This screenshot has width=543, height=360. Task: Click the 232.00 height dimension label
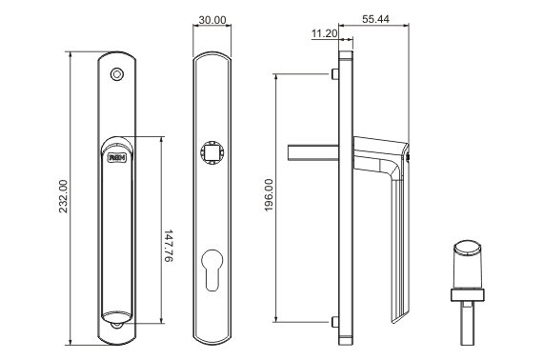pos(64,196)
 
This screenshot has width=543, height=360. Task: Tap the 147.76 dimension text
pos(168,246)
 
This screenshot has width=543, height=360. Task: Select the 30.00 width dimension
pos(212,20)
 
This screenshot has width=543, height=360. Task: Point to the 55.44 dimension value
pos(375,19)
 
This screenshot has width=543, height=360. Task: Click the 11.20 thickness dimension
pos(325,33)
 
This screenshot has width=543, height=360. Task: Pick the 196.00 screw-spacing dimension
pos(269,195)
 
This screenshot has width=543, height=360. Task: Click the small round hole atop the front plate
pos(117,74)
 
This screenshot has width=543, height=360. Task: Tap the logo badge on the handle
pos(117,158)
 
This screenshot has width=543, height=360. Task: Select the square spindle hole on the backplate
pos(211,152)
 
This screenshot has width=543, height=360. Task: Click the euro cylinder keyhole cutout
pos(211,270)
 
